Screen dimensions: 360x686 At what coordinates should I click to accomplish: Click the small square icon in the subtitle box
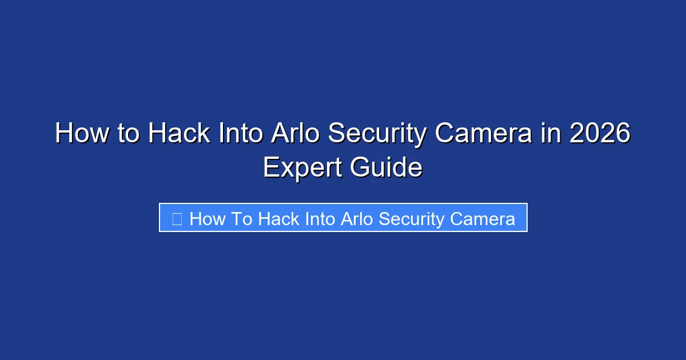click(x=177, y=218)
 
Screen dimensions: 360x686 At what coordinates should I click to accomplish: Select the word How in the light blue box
click(x=208, y=218)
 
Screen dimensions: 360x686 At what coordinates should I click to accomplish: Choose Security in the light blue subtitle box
click(x=412, y=219)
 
